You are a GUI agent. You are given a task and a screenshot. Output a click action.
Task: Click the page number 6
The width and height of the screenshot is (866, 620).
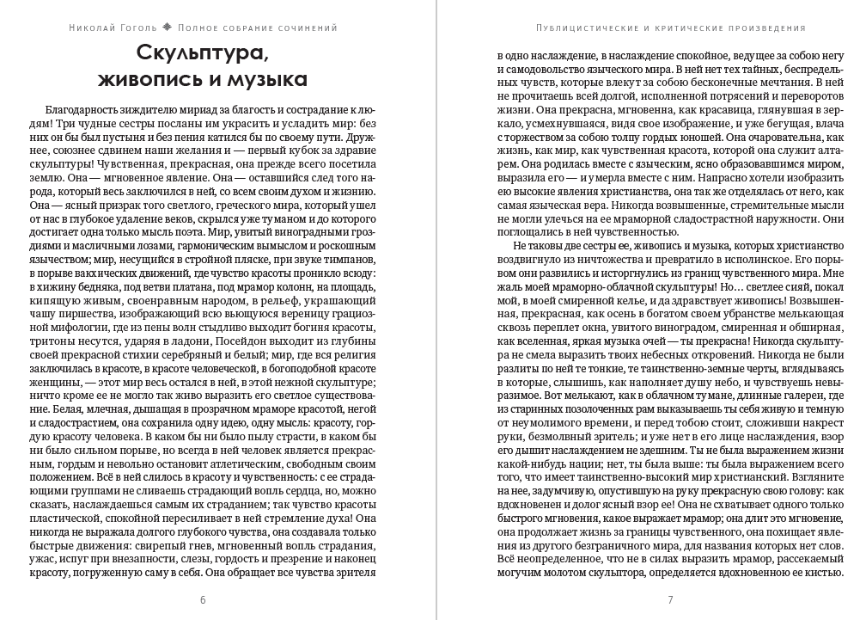203,599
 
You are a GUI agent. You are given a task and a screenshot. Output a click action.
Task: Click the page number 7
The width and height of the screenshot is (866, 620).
669,599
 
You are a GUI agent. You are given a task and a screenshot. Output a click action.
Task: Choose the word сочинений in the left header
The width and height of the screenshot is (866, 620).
306,27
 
